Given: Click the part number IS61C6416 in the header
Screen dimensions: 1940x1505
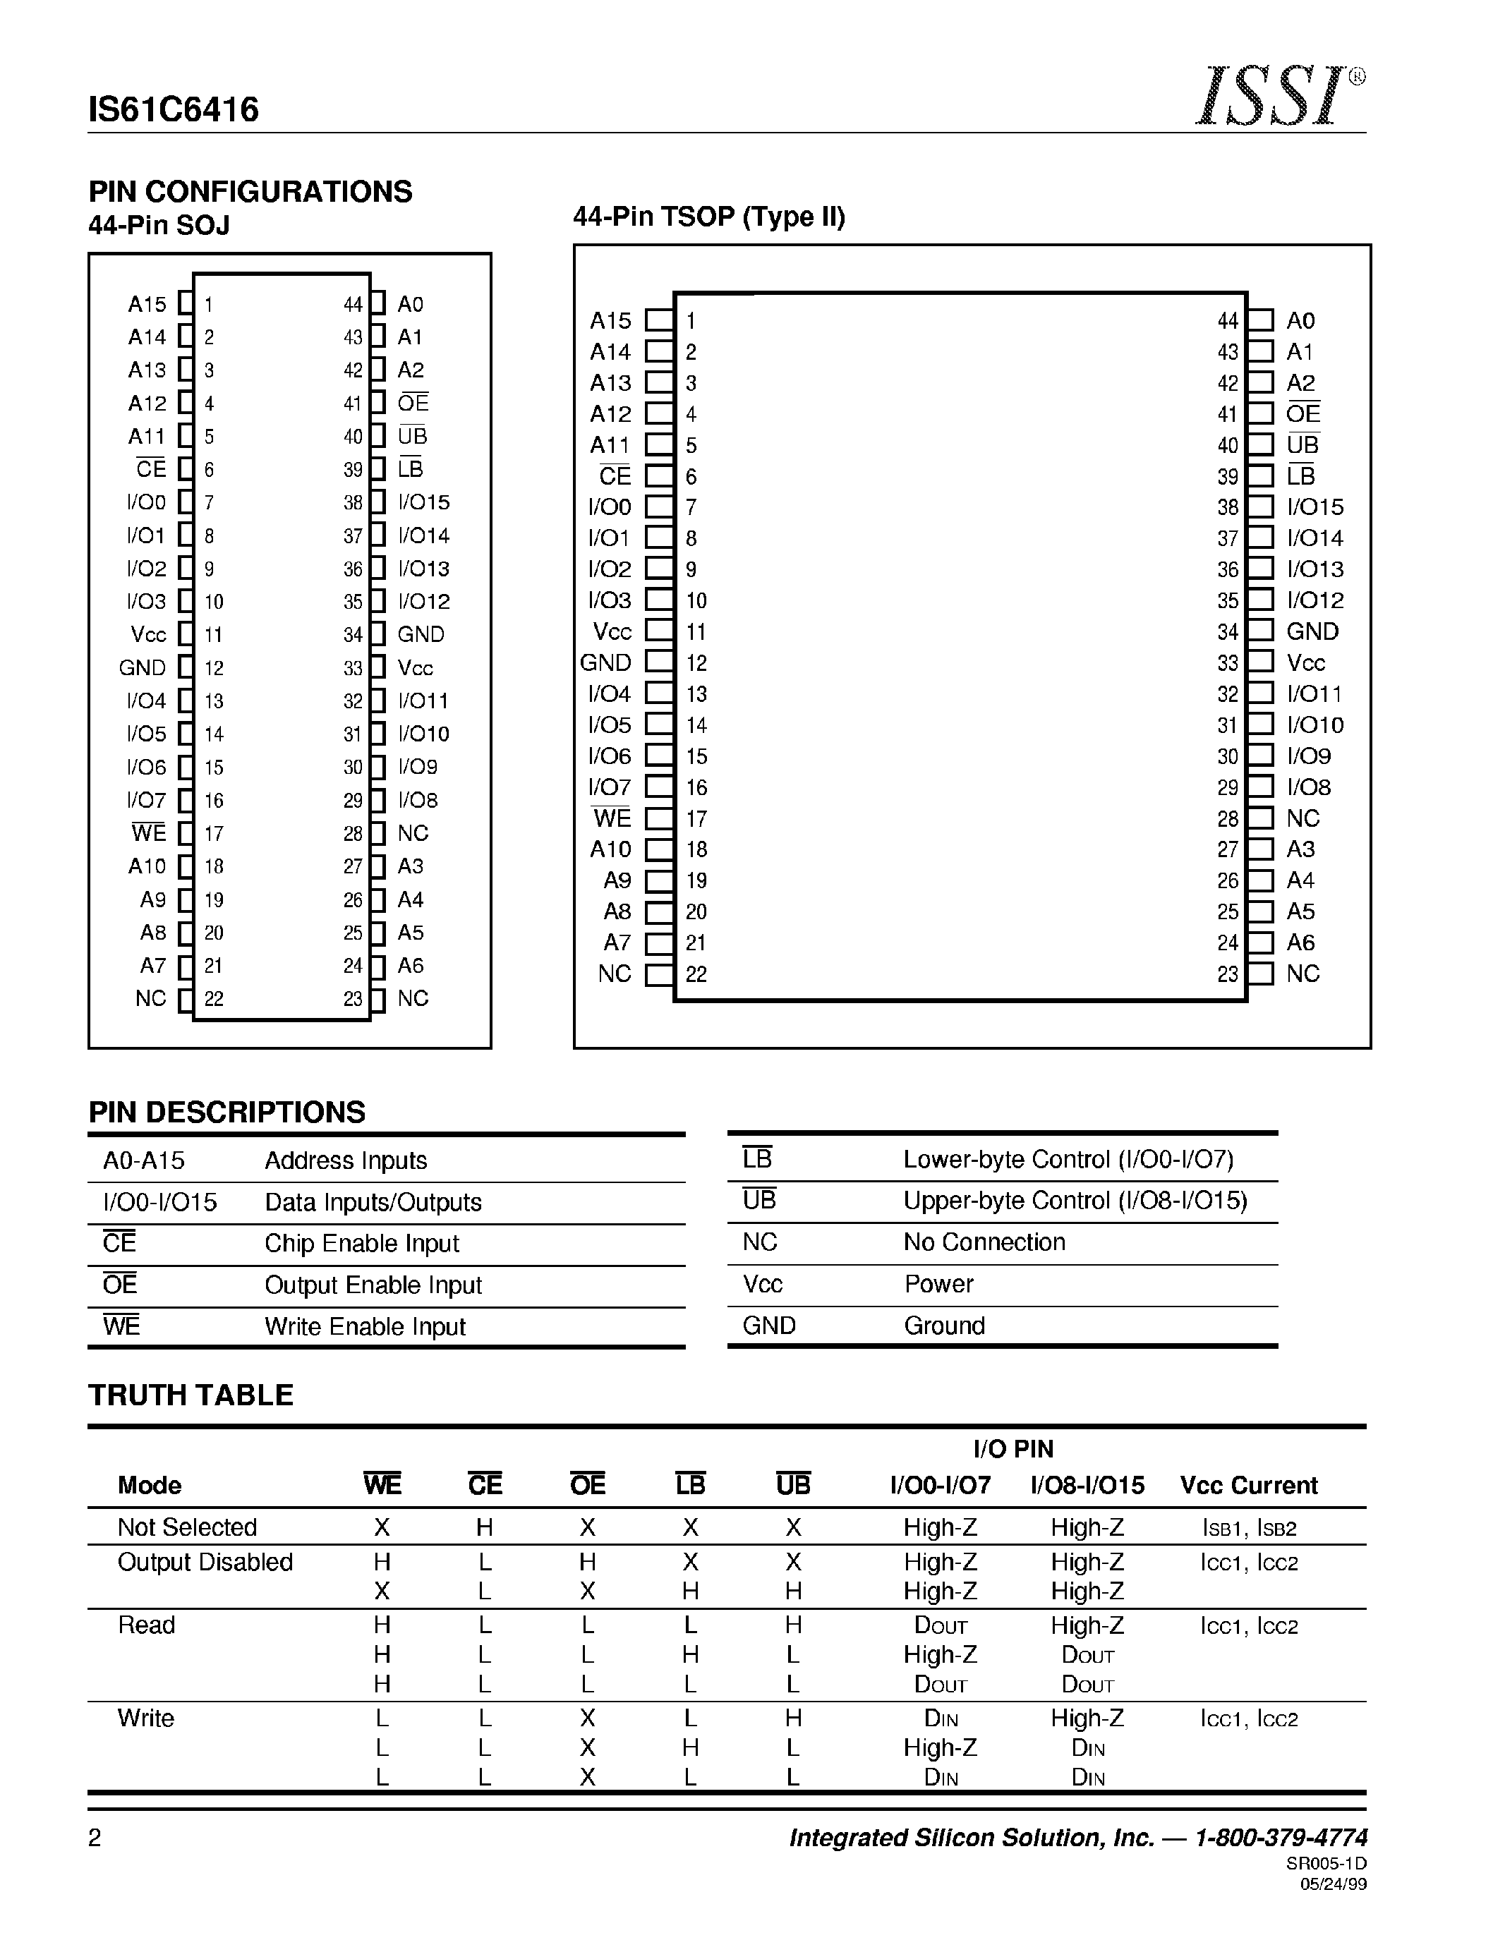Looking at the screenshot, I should click(x=174, y=109).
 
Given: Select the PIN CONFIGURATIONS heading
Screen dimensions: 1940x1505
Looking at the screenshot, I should click(x=250, y=191).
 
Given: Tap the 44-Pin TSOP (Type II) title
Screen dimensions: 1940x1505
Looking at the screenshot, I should click(x=708, y=217).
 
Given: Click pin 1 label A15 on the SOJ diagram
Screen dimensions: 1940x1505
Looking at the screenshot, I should click(x=147, y=305).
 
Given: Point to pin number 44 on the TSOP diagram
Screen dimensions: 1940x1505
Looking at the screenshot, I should click(x=1227, y=321).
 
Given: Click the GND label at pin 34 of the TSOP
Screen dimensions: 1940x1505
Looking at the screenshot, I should click(x=1312, y=631).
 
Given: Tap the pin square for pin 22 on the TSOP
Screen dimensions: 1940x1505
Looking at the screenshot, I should click(x=658, y=974).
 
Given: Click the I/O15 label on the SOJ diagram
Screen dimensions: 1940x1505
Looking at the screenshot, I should click(x=424, y=503).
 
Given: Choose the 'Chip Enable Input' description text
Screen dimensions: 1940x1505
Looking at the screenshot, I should click(x=361, y=1244).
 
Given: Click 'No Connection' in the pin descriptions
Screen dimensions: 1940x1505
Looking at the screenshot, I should click(x=984, y=1242).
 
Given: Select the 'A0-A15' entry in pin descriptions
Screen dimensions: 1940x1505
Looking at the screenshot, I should click(x=144, y=1161).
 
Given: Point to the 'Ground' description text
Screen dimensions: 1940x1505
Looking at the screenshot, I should click(x=943, y=1326).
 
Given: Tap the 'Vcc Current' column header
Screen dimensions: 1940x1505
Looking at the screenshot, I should click(x=1248, y=1485).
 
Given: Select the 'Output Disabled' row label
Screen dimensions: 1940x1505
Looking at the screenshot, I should click(x=205, y=1563).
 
